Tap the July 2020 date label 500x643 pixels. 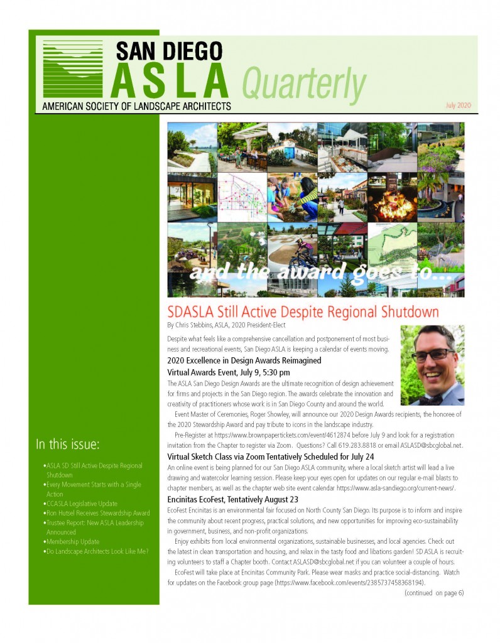457,105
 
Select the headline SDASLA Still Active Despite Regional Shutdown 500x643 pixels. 303,312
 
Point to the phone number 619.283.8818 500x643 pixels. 353,445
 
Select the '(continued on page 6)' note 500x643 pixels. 433,592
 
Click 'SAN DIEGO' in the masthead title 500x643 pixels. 169,50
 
